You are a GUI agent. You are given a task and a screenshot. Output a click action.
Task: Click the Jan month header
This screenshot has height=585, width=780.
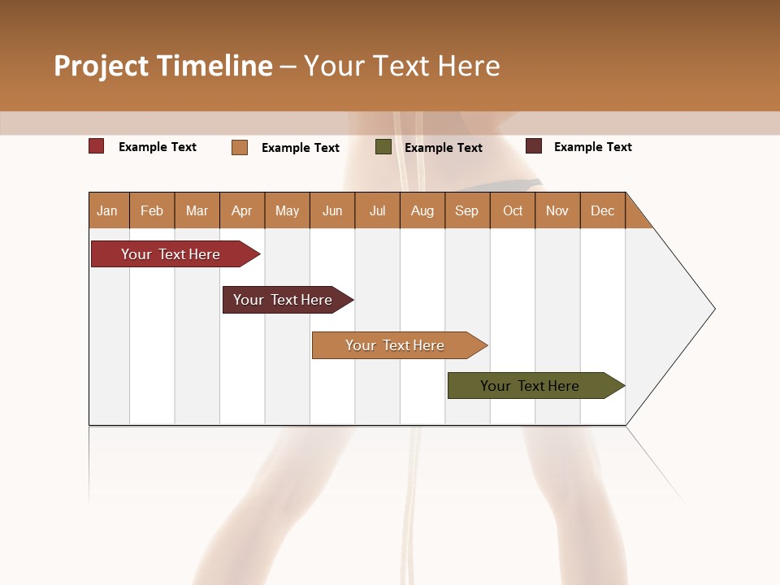tap(107, 210)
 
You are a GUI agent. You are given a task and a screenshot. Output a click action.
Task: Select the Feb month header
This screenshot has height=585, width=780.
tap(152, 210)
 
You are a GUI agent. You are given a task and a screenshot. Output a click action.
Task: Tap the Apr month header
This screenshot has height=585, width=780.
tap(241, 210)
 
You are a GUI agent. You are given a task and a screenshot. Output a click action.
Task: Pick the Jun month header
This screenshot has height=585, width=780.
tap(332, 210)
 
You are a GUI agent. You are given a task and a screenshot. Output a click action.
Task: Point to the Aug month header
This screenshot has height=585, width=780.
tap(422, 210)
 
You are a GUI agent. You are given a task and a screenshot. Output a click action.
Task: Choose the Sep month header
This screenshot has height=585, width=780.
tap(466, 210)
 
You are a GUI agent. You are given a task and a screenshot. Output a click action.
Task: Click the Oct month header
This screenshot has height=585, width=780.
tap(513, 210)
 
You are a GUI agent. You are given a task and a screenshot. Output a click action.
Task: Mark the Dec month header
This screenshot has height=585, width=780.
tap(602, 210)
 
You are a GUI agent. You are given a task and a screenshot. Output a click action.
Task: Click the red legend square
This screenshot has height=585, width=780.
tap(96, 146)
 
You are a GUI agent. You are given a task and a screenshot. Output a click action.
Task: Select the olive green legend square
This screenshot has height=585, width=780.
tap(383, 147)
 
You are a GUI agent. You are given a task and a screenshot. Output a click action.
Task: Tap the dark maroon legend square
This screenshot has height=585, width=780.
tap(533, 146)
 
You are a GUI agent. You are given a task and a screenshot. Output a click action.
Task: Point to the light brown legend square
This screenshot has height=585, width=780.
tap(240, 147)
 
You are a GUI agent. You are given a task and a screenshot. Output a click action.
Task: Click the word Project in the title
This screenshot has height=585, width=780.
tap(100, 66)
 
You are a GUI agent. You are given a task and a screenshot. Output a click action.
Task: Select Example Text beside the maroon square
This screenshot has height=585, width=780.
tap(592, 147)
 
